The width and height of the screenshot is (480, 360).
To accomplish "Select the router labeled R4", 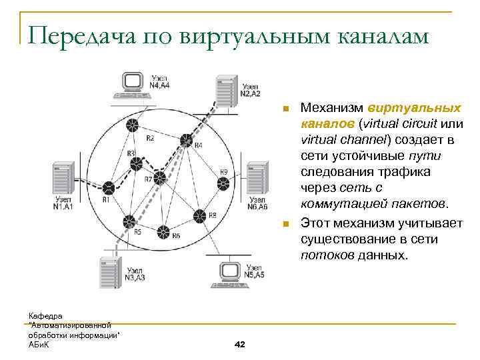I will coord(186,141).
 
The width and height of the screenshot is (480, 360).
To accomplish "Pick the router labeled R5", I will coord(129,221).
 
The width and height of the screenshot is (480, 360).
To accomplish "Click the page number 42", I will coord(241,344).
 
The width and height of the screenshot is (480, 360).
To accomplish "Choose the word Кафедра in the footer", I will coord(45,314).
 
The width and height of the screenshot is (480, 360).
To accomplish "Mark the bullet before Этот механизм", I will coord(286,225).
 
